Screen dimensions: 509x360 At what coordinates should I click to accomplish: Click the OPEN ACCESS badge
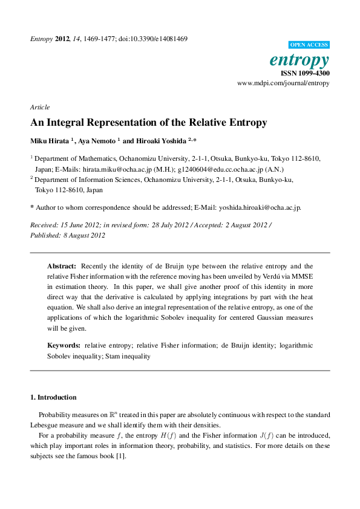click(309, 45)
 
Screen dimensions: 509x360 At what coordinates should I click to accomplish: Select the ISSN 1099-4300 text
click(306, 73)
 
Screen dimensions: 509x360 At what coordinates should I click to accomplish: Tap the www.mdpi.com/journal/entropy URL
click(283, 83)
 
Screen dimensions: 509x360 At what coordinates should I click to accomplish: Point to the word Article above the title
click(39, 106)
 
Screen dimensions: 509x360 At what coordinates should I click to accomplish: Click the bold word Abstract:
click(62, 266)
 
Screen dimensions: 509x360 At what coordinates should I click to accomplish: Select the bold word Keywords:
click(64, 346)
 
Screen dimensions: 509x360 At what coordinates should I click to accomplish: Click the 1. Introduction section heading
click(53, 397)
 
